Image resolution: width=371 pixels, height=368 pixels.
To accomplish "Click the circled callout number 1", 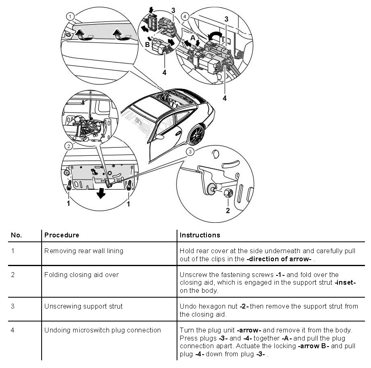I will (x=71, y=17).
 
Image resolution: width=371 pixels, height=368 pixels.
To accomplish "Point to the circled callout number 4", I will (x=185, y=17).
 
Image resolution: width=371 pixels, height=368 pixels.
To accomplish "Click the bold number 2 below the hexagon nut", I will (x=228, y=210).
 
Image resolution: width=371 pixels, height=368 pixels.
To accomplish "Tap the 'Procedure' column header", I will (x=61, y=235).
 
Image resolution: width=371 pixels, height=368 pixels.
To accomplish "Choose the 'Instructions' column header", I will (x=200, y=235).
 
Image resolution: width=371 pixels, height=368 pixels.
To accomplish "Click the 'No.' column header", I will (x=16, y=235).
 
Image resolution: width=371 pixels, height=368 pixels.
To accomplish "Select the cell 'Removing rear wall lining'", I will (x=84, y=251).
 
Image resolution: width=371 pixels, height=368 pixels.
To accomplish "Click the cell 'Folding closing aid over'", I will (x=81, y=275).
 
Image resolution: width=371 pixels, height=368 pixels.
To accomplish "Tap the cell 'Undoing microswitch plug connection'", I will (x=102, y=330).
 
